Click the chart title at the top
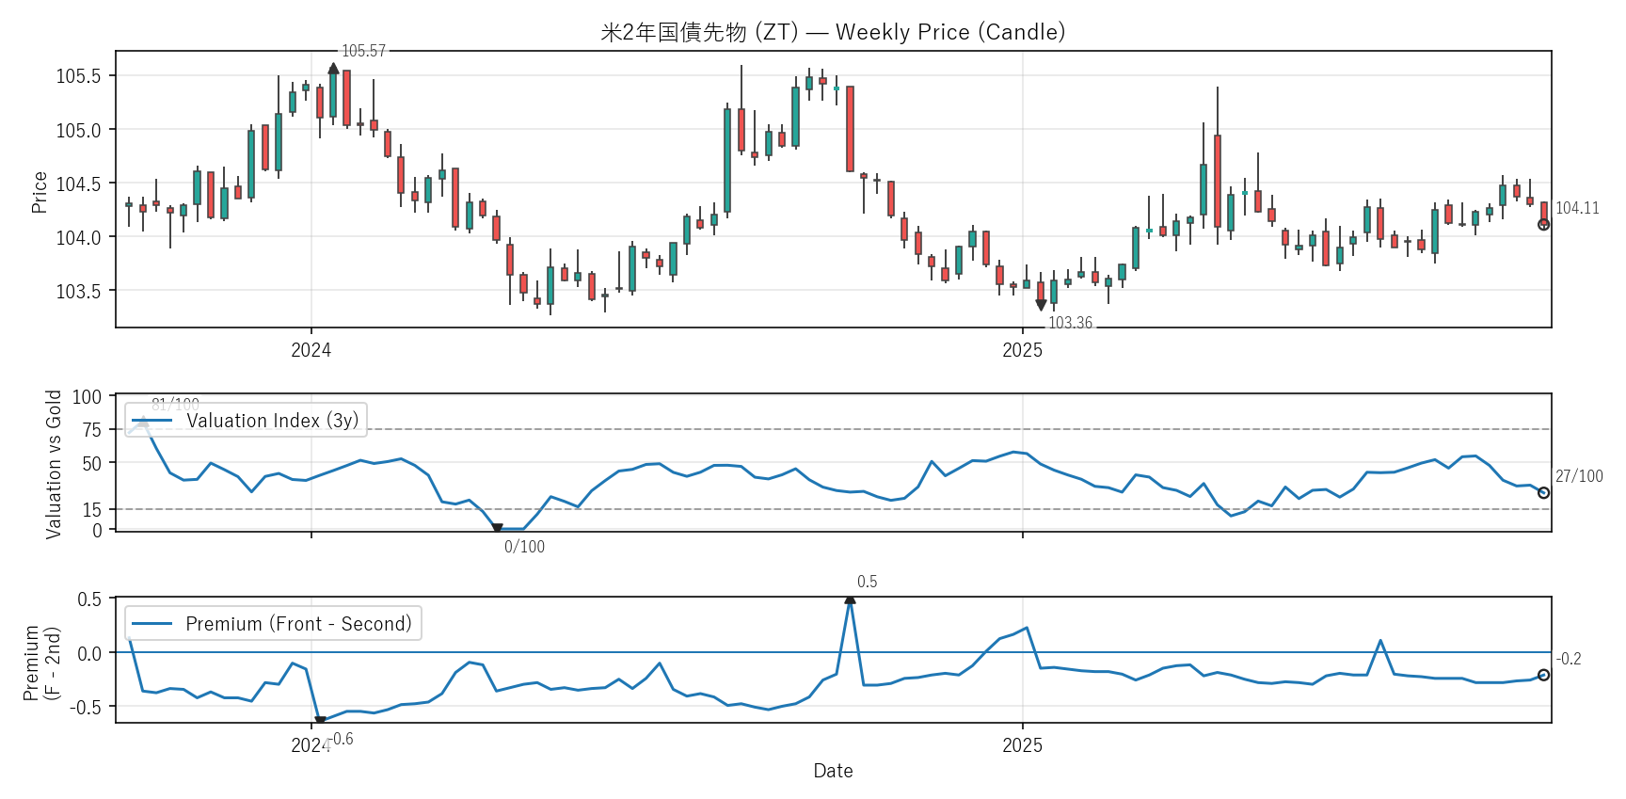[x=833, y=32]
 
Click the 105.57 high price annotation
[x=363, y=51]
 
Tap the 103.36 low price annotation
[x=1070, y=323]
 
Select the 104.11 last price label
[x=1577, y=208]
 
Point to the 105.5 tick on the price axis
[x=78, y=76]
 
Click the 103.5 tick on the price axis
[x=78, y=291]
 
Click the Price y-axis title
[x=40, y=192]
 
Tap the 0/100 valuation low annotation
[x=524, y=547]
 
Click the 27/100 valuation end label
[x=1579, y=476]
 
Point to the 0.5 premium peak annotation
[x=867, y=582]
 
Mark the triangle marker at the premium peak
[x=850, y=599]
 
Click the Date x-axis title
[x=833, y=771]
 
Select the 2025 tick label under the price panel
[x=1022, y=350]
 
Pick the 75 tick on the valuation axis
[x=91, y=430]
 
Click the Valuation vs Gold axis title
[x=54, y=464]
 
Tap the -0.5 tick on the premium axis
[x=89, y=707]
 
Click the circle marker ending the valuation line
[x=1543, y=493]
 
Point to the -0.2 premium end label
[x=1569, y=659]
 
